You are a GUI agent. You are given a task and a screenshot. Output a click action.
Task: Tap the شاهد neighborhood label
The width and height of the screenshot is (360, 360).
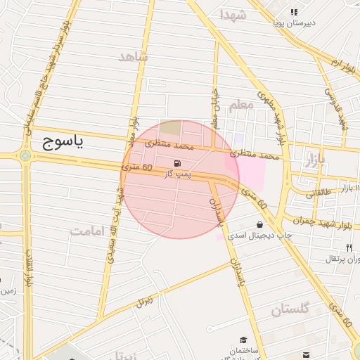point(134,57)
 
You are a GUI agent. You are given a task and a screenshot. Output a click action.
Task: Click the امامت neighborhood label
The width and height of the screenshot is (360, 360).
point(87,230)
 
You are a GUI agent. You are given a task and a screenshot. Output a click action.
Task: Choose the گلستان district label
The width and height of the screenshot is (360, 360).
point(290,309)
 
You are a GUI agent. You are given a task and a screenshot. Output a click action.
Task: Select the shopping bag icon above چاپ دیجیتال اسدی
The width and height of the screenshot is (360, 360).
point(259,225)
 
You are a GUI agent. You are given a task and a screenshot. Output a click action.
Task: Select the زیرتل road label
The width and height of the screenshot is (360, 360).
point(146,300)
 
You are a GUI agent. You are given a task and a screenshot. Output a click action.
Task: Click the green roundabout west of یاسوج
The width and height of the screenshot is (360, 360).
point(26,156)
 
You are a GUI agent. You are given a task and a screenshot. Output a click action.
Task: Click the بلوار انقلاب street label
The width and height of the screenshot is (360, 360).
point(29,267)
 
